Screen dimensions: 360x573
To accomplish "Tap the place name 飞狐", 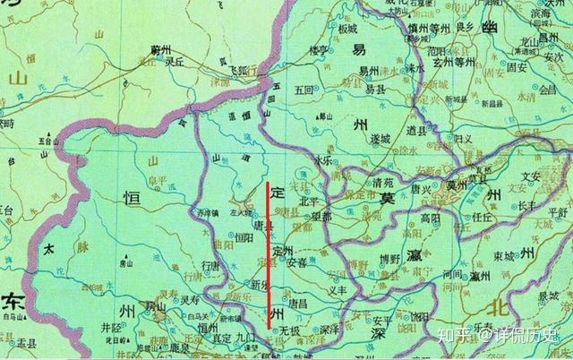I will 235,69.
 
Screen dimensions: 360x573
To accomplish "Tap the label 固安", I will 517,66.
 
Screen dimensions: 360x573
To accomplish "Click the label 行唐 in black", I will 210,266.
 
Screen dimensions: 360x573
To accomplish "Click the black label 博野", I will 389,259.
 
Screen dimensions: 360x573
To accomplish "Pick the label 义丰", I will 337,291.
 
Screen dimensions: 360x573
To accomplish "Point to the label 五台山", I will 46,141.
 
